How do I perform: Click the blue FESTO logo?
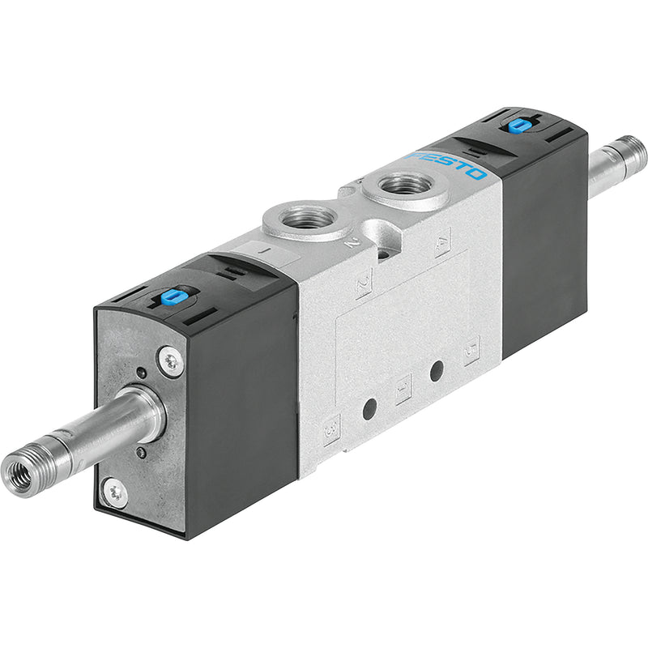click(448, 162)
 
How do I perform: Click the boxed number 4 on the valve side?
click(442, 241)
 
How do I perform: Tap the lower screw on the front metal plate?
click(115, 492)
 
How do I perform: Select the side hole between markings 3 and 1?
click(369, 410)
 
